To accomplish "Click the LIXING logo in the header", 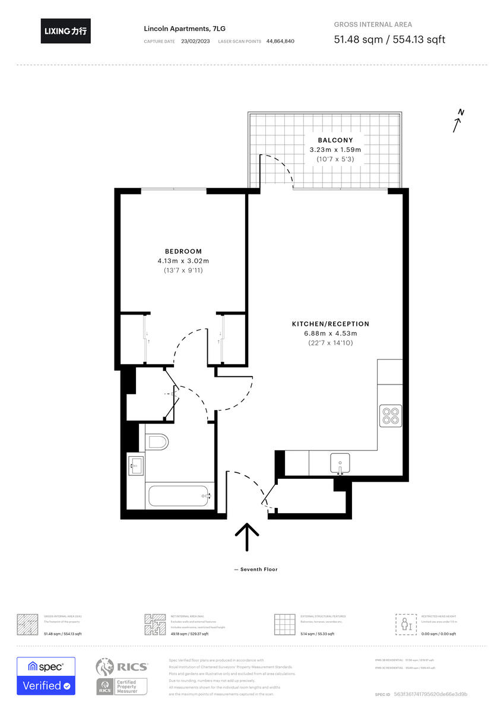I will (66, 31).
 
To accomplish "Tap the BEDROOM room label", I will (183, 251).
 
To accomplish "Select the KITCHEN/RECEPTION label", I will (330, 324).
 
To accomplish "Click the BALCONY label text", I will (335, 140).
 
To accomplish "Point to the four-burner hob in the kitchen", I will (391, 415).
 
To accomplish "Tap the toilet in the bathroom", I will (157, 442).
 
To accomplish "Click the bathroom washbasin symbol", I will (135, 465).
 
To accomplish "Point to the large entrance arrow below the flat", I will (247, 538).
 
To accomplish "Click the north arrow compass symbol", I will (458, 122).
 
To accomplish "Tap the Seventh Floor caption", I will (256, 570).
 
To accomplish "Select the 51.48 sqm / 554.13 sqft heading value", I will (389, 40).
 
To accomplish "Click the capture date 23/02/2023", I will (195, 42).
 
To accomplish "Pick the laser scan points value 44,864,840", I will (280, 42).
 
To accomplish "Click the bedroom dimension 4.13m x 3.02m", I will (183, 261).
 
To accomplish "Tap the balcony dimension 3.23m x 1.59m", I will (335, 150).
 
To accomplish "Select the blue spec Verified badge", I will (46, 676).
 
